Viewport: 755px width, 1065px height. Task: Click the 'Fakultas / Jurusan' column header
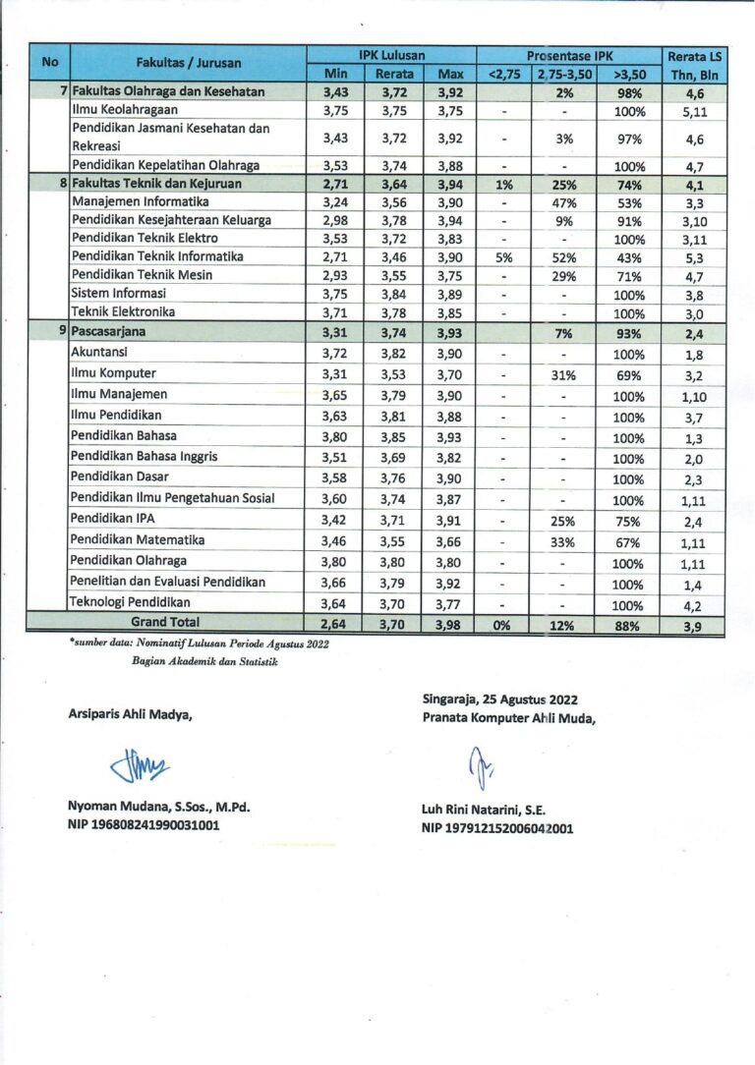[188, 63]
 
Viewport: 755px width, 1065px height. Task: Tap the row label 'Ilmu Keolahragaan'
[125, 110]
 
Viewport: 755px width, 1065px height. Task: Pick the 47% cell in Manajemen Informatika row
[563, 202]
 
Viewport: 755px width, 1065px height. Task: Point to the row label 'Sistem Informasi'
[119, 293]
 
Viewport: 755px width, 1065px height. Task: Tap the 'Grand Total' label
[165, 622]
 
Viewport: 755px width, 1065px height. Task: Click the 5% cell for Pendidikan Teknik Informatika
[503, 257]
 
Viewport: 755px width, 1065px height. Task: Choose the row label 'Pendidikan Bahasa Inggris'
[145, 456]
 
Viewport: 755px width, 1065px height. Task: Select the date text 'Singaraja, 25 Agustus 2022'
[498, 700]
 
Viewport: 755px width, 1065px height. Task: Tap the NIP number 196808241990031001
[144, 825]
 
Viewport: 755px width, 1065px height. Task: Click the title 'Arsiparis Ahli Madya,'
[130, 714]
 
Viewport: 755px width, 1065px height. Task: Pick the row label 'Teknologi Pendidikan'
[131, 602]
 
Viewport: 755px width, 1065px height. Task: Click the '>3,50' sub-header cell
[628, 74]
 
